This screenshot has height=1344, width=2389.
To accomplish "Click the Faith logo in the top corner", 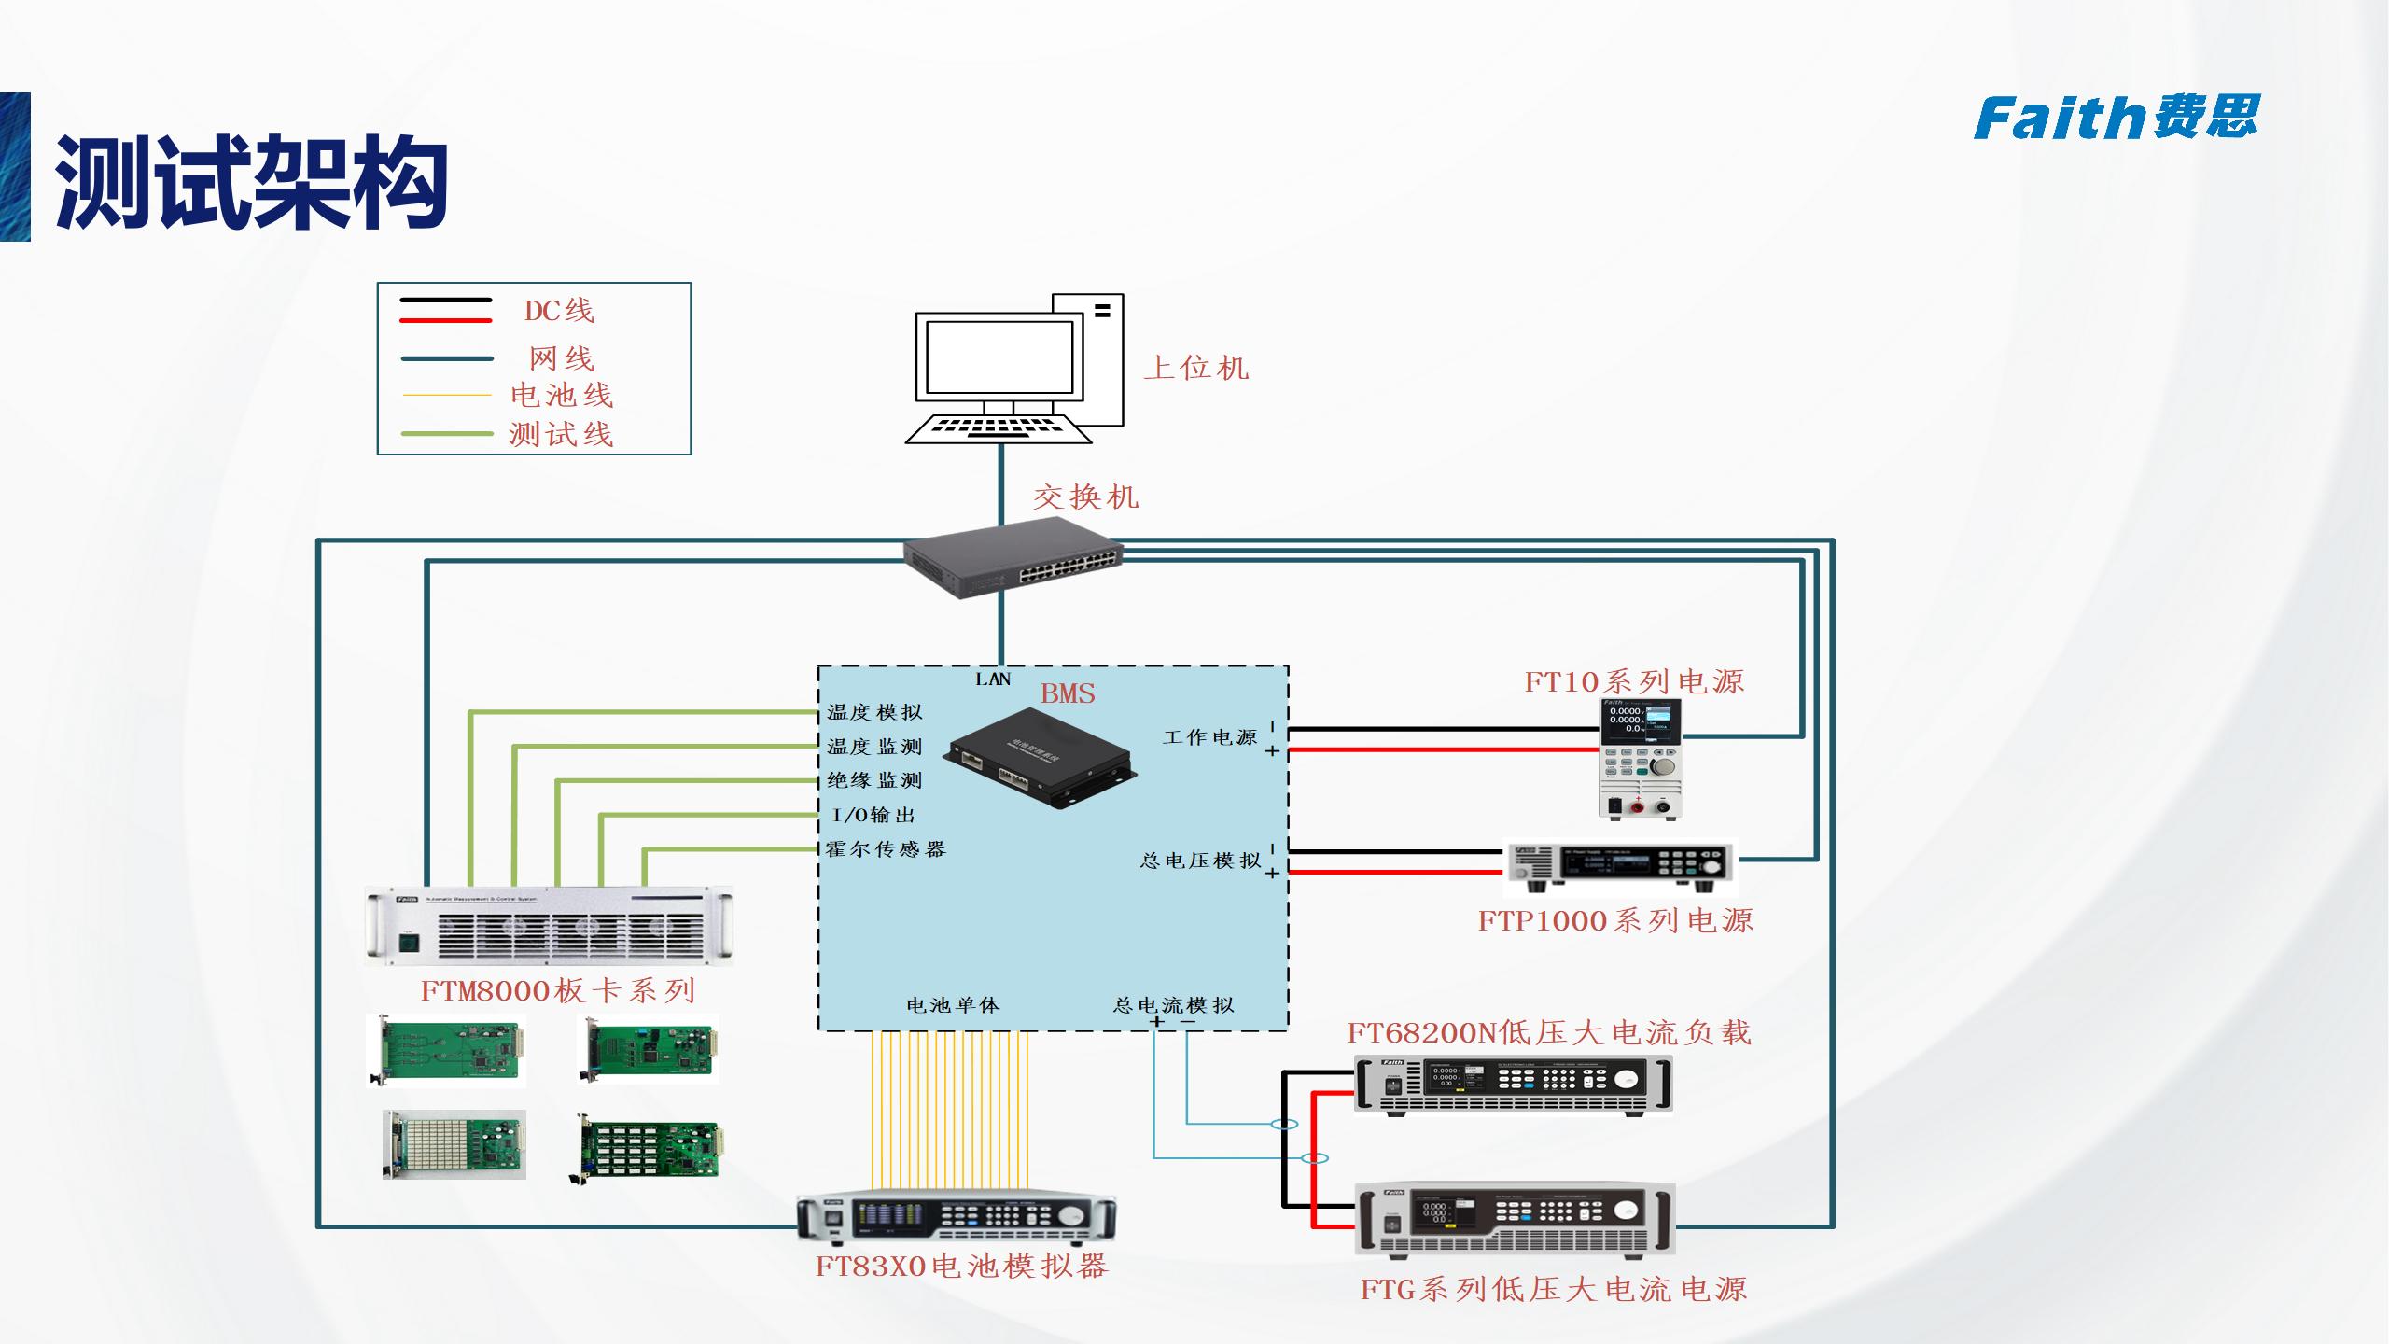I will [2116, 119].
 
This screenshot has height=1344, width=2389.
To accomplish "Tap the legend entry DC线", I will [558, 311].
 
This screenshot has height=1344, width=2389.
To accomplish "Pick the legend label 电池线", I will [562, 396].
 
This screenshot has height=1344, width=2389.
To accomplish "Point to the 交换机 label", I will [1085, 497].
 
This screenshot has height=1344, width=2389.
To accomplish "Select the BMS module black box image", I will [1040, 756].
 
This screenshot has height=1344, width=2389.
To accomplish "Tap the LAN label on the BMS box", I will [992, 679].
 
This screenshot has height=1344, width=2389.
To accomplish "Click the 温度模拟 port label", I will [874, 712].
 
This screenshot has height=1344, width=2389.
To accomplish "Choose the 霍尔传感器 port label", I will [886, 849].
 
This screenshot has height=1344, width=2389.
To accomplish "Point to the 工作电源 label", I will [1209, 737].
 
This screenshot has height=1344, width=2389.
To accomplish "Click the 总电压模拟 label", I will [1200, 860].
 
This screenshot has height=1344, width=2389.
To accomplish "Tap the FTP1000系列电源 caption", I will [1615, 921].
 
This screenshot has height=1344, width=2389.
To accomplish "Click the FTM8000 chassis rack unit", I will [549, 926].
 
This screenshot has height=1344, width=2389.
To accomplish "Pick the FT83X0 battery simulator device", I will [957, 1218].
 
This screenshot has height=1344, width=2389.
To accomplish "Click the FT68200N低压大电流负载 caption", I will [1549, 1032].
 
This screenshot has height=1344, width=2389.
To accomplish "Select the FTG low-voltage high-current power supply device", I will [1515, 1219].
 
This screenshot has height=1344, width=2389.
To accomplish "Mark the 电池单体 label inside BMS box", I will [953, 1005].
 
